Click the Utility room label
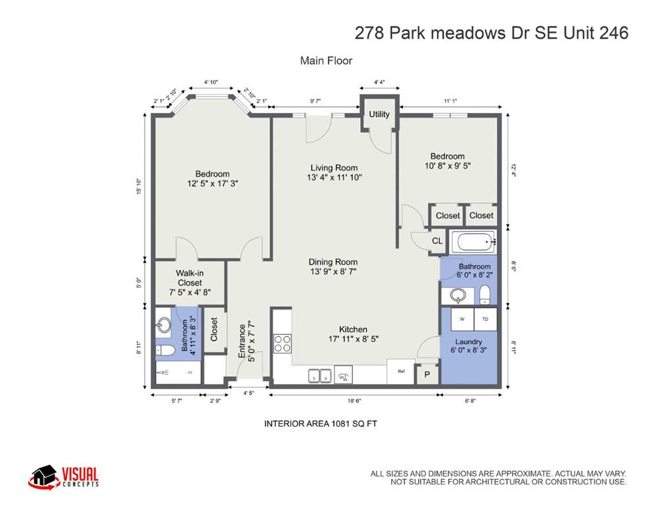click(x=379, y=114)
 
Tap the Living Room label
click(x=335, y=172)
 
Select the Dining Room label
click(x=334, y=266)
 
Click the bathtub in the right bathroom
click(x=473, y=243)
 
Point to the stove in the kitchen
click(x=283, y=343)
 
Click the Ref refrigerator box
click(x=400, y=372)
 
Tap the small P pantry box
click(x=427, y=374)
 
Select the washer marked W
click(x=462, y=319)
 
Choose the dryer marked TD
click(x=485, y=319)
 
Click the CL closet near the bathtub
click(x=437, y=241)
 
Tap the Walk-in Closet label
click(x=189, y=283)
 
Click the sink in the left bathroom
click(x=164, y=325)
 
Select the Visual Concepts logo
click(x=64, y=477)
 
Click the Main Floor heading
click(x=326, y=60)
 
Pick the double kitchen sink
click(x=320, y=376)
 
